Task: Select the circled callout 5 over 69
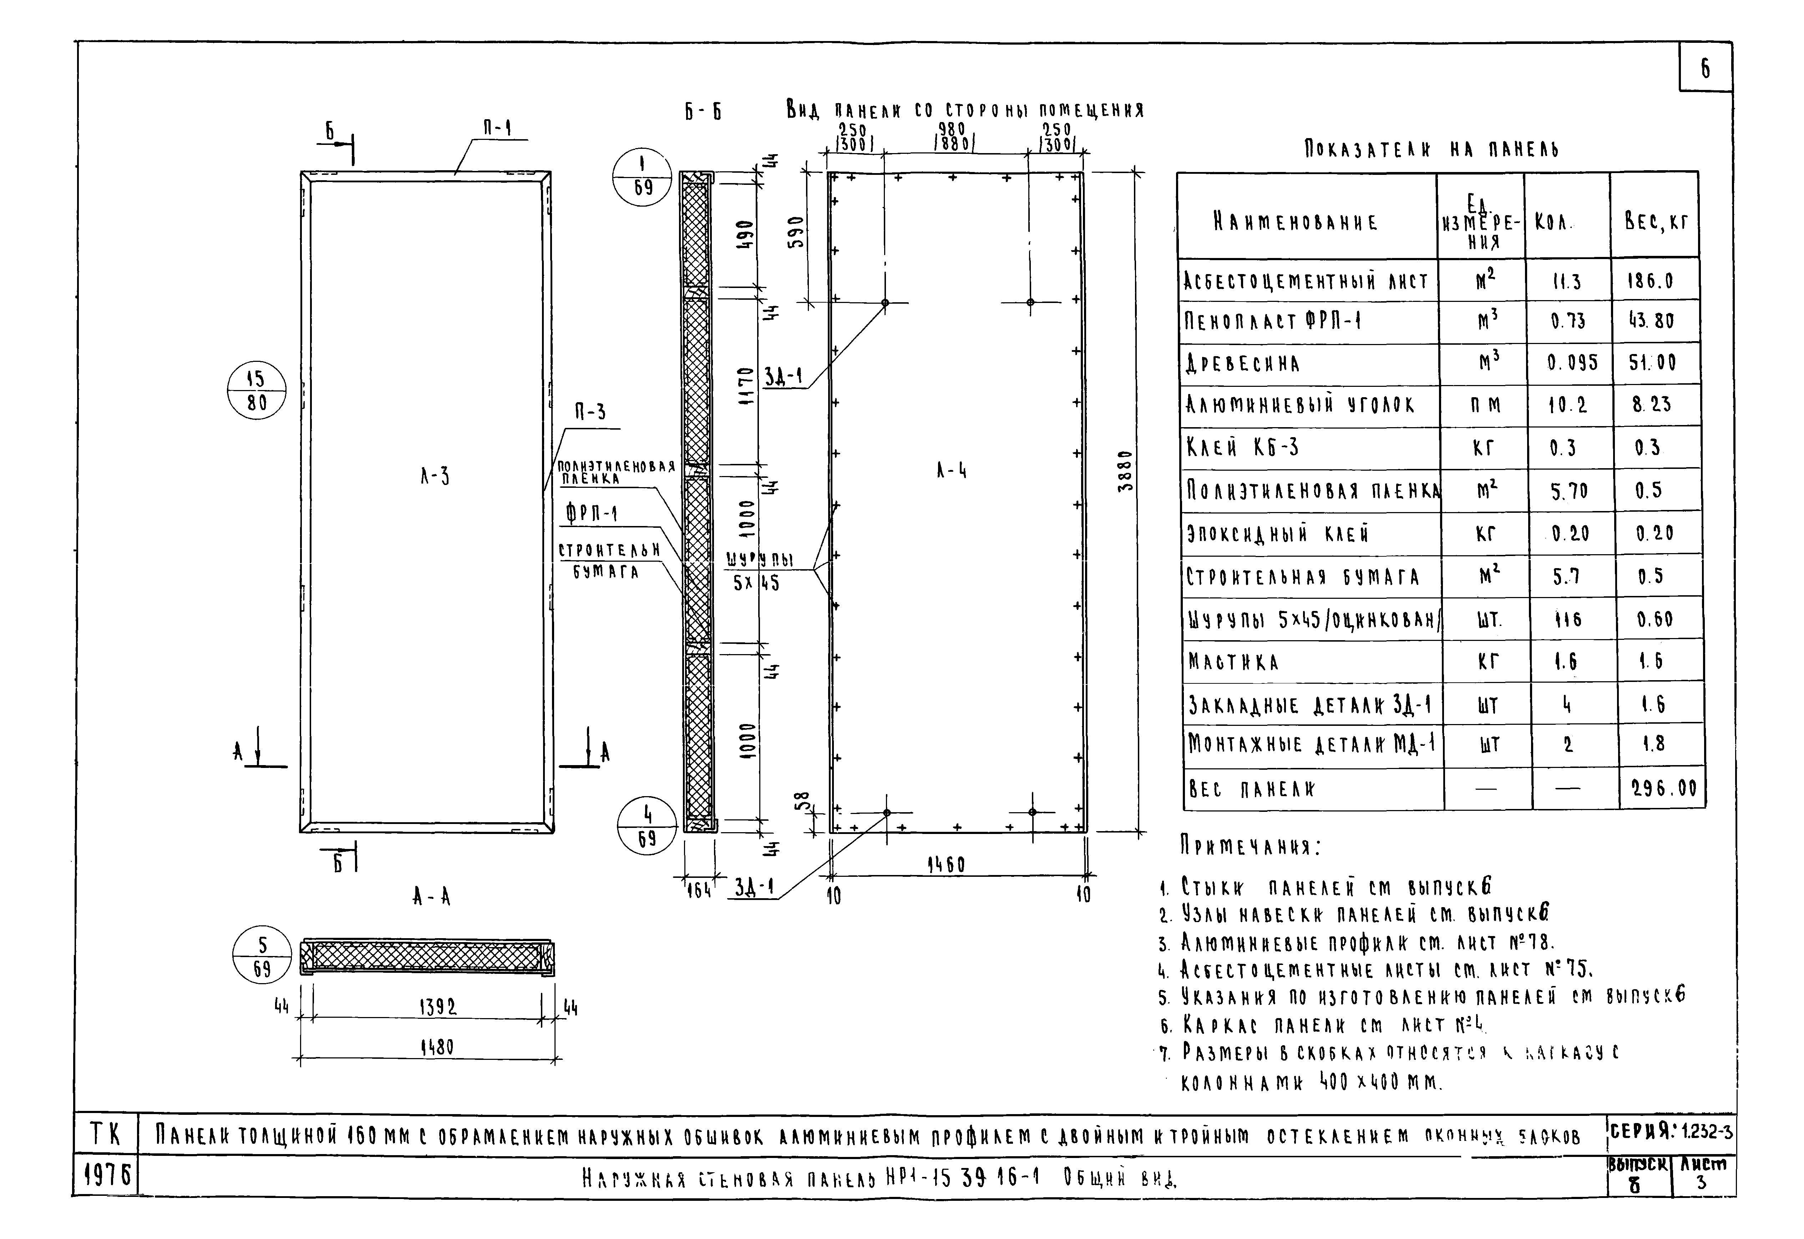click(x=262, y=956)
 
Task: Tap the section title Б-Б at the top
click(x=703, y=112)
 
